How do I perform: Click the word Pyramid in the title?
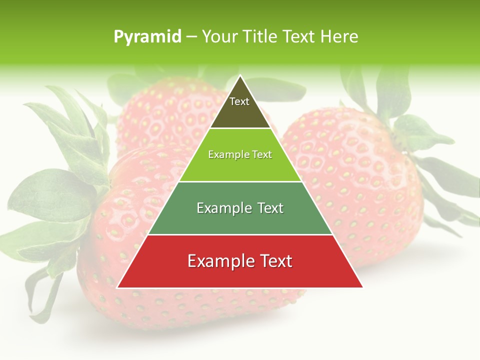[x=147, y=37]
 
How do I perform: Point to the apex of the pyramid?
[x=240, y=76]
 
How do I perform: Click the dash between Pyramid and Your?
[x=191, y=37]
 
